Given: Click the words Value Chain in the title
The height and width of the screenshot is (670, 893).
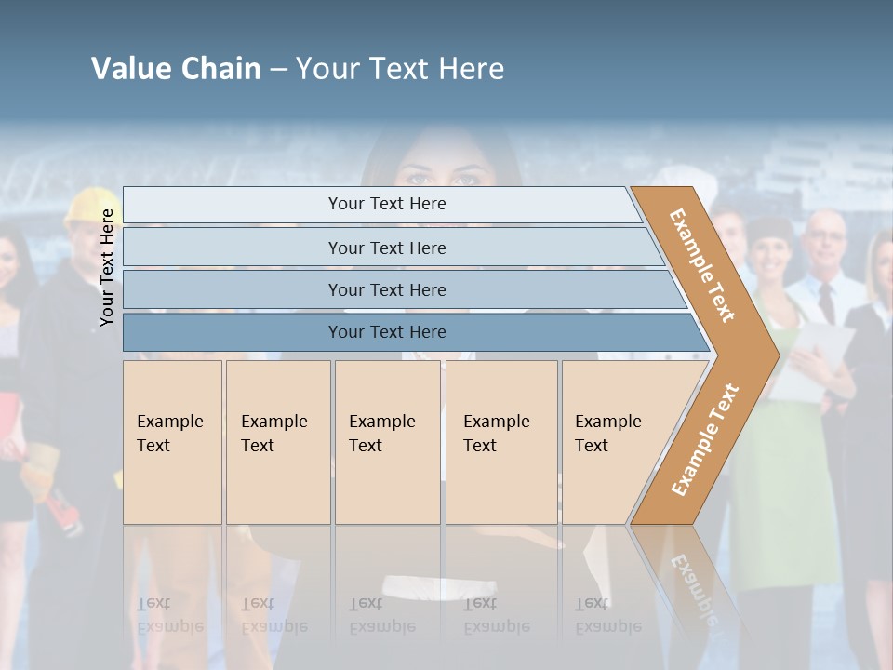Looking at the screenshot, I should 176,69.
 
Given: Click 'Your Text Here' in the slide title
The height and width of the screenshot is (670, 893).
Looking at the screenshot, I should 399,69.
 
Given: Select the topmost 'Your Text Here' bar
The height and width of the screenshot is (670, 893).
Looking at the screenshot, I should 386,204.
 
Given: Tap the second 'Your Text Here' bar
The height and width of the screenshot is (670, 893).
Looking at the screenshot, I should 386,248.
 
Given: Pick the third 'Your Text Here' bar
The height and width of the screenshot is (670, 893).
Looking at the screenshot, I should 386,289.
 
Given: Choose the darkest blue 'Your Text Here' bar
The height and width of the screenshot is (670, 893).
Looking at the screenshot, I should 386,332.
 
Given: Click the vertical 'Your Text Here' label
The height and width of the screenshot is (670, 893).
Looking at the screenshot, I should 108,267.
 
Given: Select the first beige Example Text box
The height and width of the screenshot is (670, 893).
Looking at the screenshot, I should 172,442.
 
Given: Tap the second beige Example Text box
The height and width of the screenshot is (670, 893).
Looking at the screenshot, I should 277,442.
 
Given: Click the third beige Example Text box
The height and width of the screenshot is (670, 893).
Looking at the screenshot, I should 386,442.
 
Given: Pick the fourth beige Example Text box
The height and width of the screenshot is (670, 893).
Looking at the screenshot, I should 500,442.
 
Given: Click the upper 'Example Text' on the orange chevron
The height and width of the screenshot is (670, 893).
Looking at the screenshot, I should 702,265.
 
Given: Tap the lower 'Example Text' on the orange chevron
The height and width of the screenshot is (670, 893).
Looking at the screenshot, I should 704,440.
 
